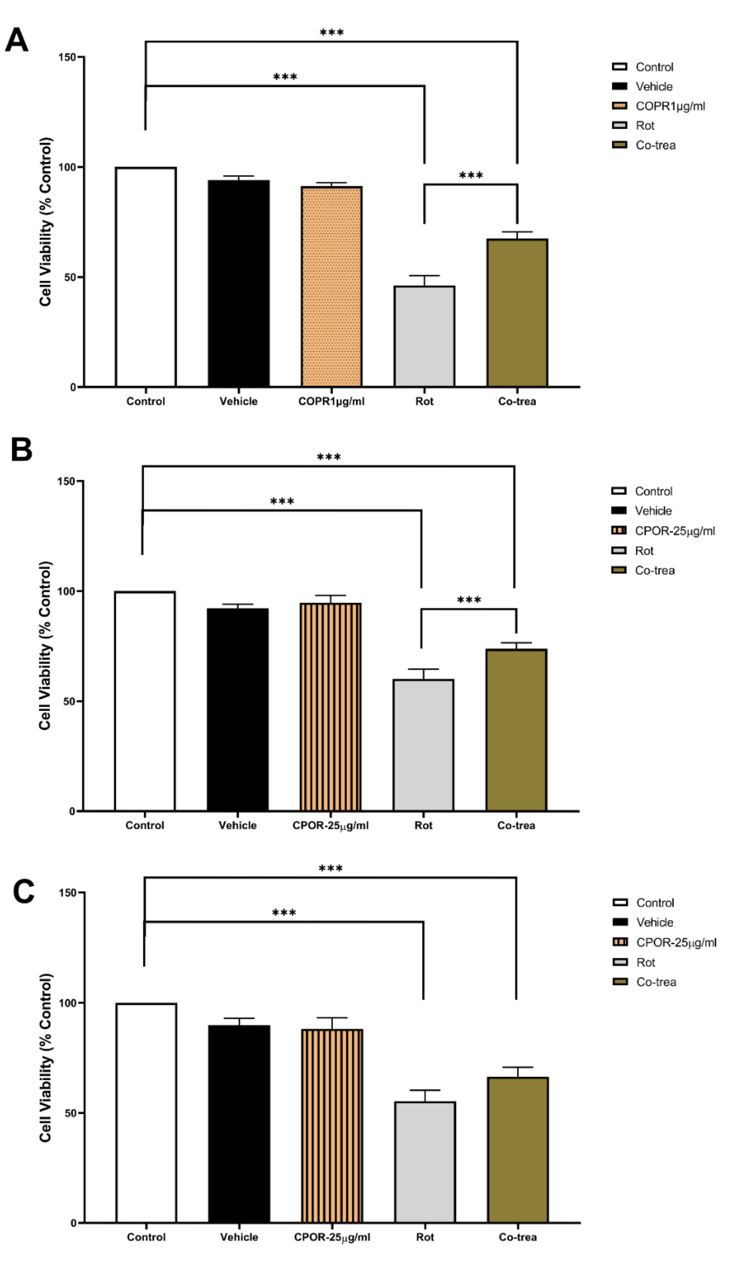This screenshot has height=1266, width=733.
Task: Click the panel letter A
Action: (x=16, y=40)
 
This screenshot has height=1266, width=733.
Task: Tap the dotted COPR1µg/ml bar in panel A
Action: (x=331, y=286)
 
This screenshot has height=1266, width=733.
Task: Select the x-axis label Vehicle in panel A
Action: (x=238, y=401)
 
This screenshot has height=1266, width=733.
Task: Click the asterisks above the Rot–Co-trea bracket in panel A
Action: (x=471, y=175)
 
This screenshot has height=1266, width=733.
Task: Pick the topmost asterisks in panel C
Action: (x=331, y=869)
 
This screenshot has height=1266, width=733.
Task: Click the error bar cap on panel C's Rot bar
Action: (x=425, y=1091)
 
